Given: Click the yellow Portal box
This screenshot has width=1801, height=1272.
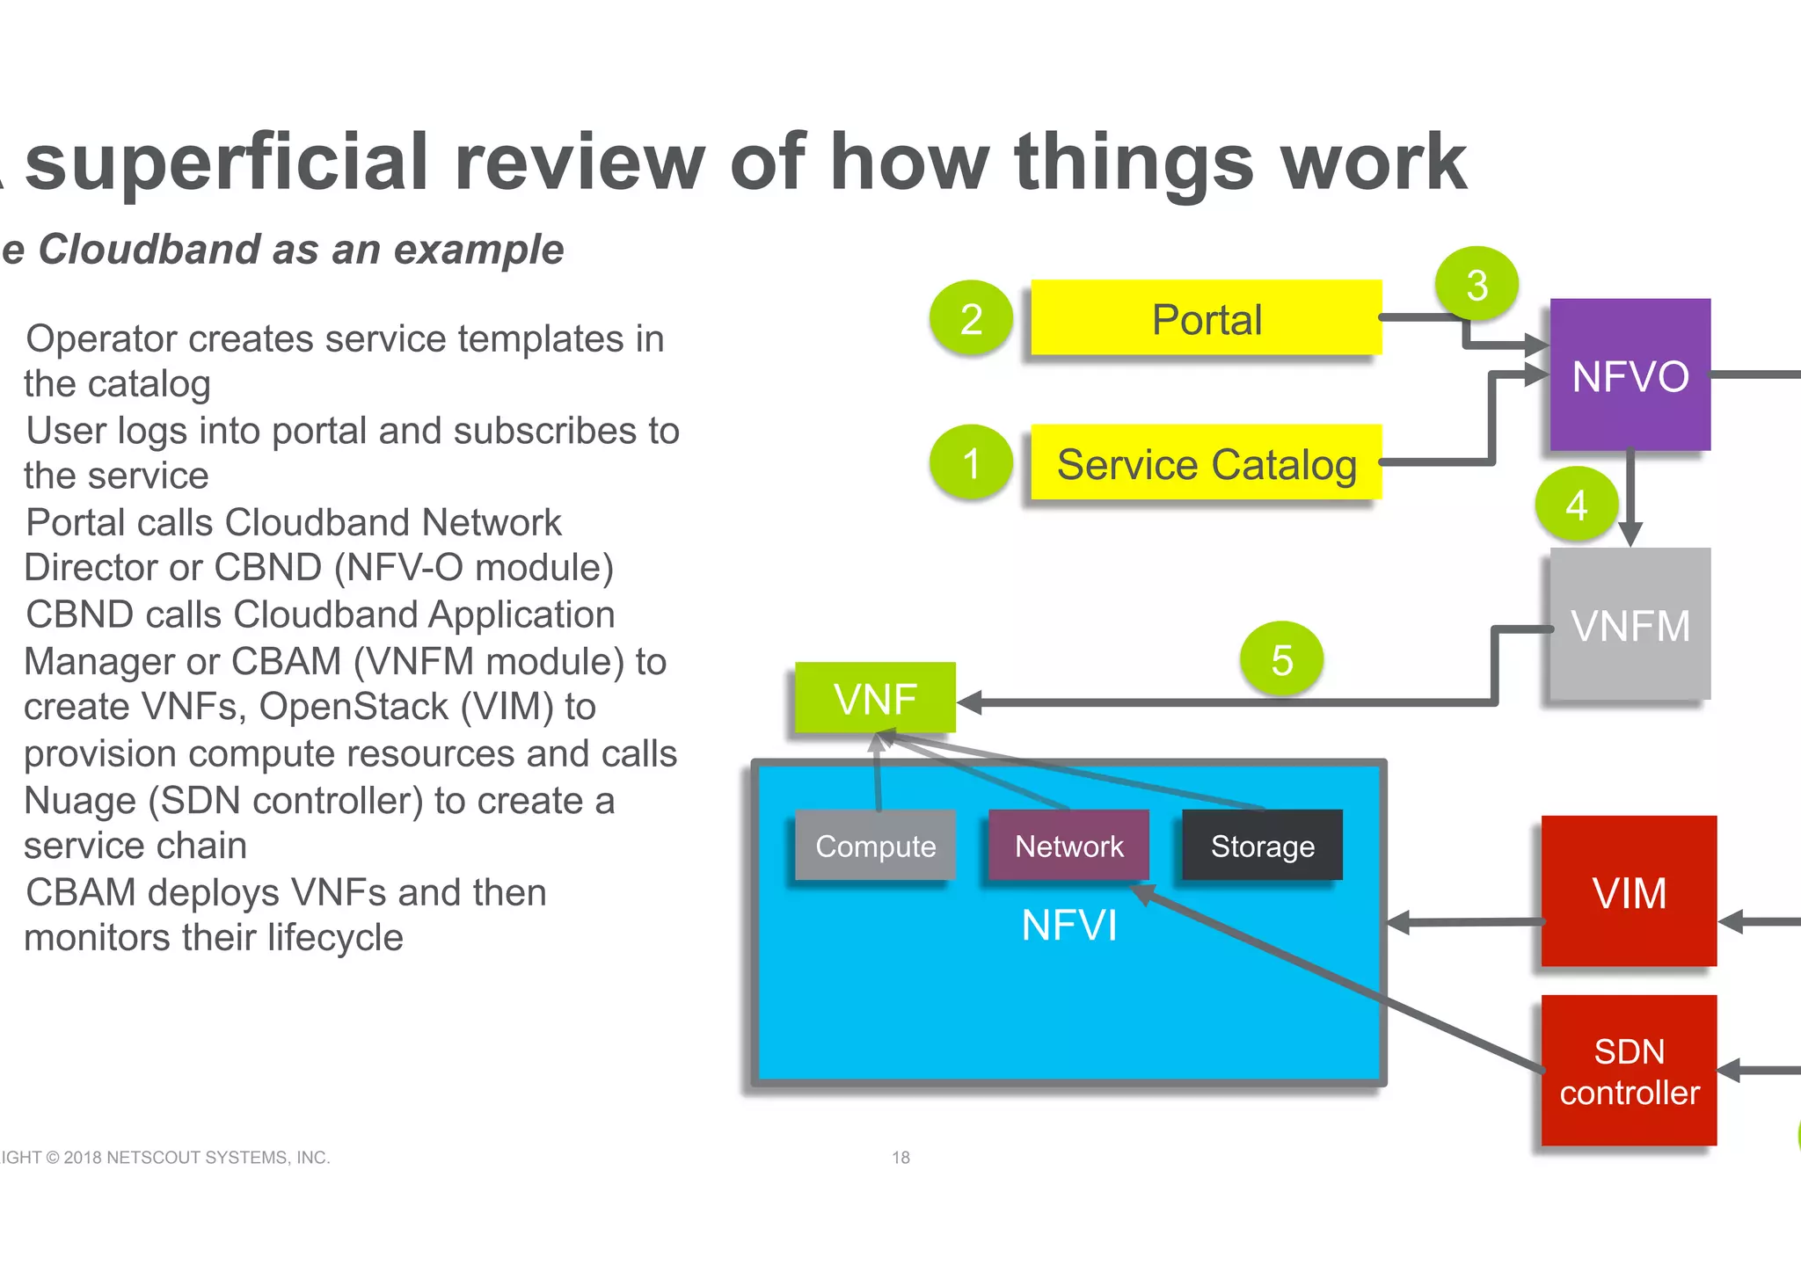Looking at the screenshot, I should pyautogui.click(x=1206, y=318).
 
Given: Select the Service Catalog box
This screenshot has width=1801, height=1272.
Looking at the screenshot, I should pyautogui.click(x=1206, y=463).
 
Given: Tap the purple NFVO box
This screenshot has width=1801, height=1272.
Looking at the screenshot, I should pyautogui.click(x=1630, y=375).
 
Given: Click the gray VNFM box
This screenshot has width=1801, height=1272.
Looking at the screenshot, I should pyautogui.click(x=1630, y=625).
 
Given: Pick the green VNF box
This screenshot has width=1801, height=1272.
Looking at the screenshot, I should pyautogui.click(x=875, y=699).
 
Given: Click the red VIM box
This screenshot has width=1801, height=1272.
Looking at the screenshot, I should pyautogui.click(x=1629, y=892).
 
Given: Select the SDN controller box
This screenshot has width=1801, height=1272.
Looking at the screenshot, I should pyautogui.click(x=1629, y=1071).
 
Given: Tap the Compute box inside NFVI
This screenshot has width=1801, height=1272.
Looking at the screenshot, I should pyautogui.click(x=875, y=846).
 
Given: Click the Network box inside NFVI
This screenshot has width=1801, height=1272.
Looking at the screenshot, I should pyautogui.click(x=1068, y=846).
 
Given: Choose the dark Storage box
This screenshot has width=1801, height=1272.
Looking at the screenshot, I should pyautogui.click(x=1262, y=846).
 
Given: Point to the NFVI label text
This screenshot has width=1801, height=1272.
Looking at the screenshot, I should pyautogui.click(x=1068, y=926).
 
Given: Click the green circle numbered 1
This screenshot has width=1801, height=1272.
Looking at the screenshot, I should pyautogui.click(x=971, y=462).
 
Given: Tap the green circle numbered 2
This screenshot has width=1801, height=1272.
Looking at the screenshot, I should pyautogui.click(x=971, y=318).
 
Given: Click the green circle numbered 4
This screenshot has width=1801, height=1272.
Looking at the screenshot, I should pyautogui.click(x=1576, y=505).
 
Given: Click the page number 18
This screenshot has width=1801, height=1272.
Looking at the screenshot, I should pyautogui.click(x=900, y=1158).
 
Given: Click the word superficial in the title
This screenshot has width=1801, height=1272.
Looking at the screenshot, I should pyautogui.click(x=227, y=163).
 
